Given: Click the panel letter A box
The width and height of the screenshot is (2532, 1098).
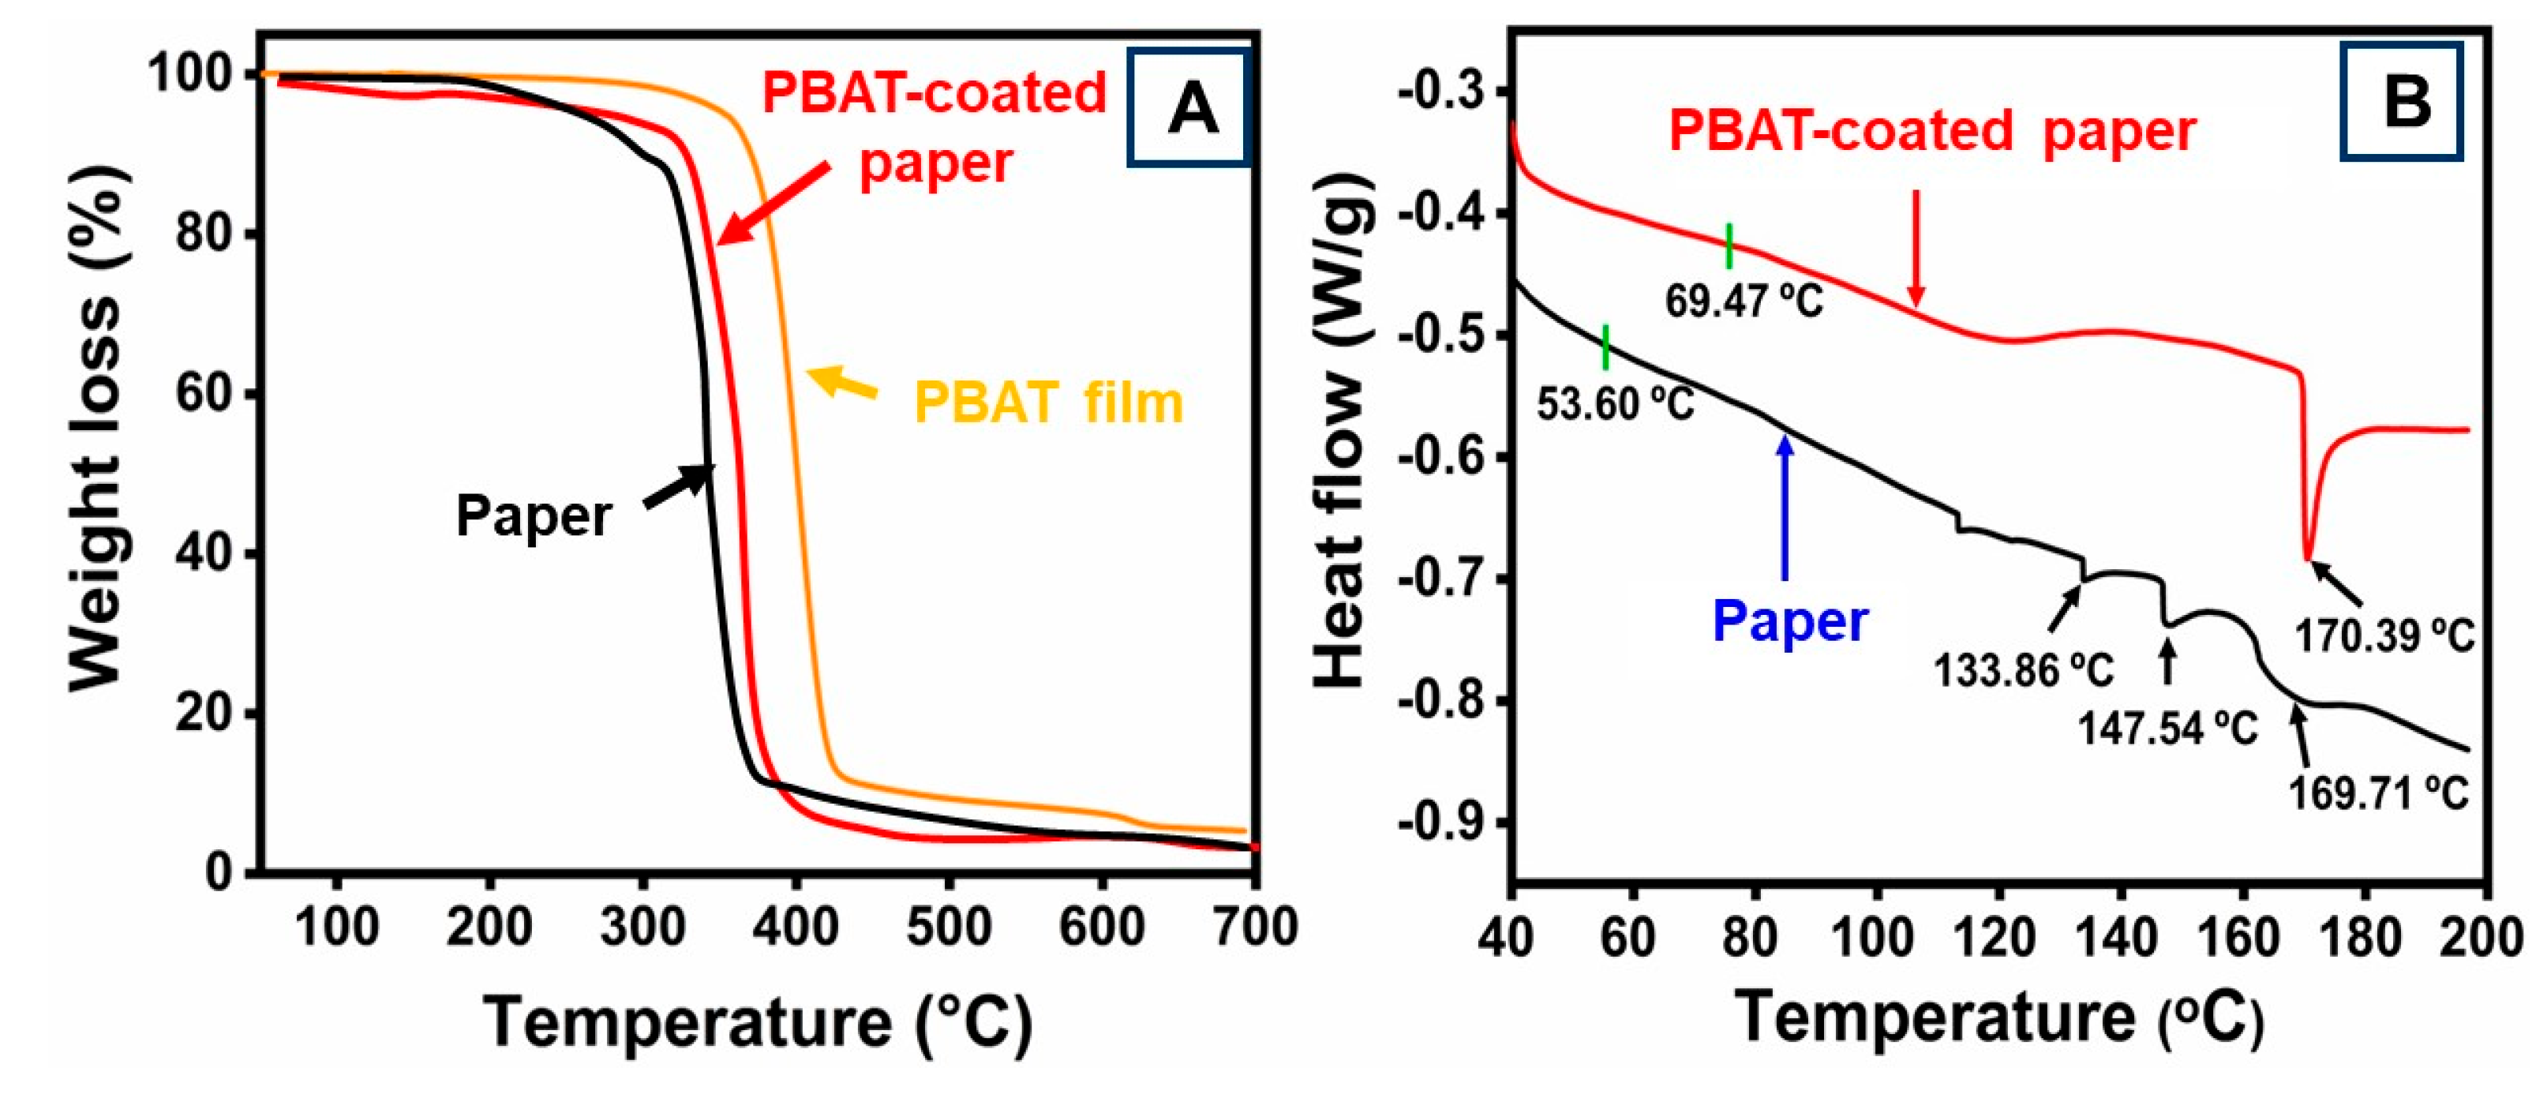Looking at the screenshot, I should click(x=1190, y=107).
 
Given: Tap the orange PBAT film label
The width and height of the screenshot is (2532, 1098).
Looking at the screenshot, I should click(x=1049, y=403).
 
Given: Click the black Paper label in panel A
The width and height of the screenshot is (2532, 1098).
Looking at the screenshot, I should click(x=534, y=515).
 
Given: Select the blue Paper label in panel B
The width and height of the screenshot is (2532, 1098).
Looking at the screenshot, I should click(x=1790, y=621).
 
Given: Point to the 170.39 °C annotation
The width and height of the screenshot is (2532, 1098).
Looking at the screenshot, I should click(x=2384, y=636).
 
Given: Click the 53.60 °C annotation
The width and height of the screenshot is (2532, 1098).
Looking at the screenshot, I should click(x=1616, y=404).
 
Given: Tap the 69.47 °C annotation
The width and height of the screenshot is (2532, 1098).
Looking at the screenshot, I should click(x=1744, y=300).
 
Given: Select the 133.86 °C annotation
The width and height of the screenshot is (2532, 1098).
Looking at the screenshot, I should click(x=2023, y=672).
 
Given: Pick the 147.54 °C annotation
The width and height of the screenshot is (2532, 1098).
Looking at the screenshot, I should click(x=2167, y=729).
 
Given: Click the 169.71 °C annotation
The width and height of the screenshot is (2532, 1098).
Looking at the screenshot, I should click(x=2379, y=793).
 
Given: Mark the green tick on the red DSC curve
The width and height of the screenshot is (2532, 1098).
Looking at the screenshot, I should click(x=1729, y=245).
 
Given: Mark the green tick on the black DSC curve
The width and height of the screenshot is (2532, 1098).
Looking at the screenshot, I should click(x=1605, y=347).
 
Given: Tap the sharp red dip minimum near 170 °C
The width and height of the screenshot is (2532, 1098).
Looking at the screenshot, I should click(x=2307, y=557).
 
